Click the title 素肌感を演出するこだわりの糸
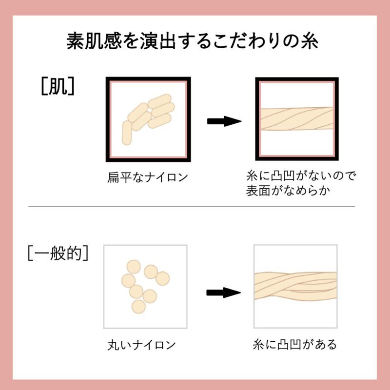[192, 41]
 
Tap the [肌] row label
[58, 86]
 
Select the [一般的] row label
[58, 253]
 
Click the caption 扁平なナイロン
[148, 177]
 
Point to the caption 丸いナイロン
[141, 345]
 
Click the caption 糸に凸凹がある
[295, 345]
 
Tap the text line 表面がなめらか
[288, 191]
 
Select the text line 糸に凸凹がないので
[301, 175]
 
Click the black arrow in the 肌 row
[224, 121]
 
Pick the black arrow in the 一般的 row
[223, 292]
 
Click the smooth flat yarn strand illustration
[297, 118]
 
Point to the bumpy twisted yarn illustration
[295, 286]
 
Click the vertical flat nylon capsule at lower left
[127, 133]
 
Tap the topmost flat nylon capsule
[160, 101]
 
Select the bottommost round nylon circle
[138, 307]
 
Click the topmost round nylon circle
[134, 267]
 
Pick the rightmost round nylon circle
[162, 278]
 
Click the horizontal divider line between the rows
[192, 206]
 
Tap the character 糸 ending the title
[310, 41]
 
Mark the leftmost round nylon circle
[128, 281]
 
